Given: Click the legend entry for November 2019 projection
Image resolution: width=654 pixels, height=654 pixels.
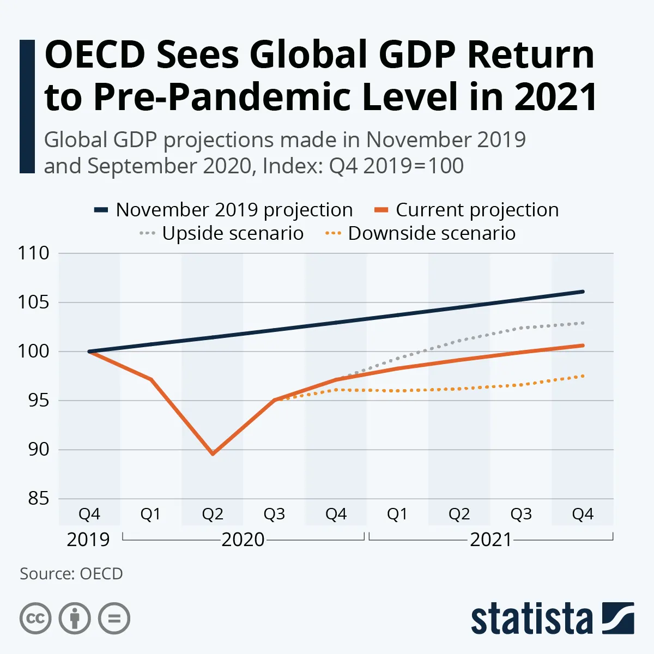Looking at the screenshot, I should [223, 210].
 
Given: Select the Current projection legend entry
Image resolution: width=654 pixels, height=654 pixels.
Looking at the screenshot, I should [467, 210].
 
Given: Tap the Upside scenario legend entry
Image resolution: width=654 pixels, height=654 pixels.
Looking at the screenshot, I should [221, 233].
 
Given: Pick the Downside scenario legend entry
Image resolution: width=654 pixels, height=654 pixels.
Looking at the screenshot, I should [420, 233].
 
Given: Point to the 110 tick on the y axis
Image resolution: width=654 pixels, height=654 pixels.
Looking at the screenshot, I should [33, 253].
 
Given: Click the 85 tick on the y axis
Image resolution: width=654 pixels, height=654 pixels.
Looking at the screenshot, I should [38, 499].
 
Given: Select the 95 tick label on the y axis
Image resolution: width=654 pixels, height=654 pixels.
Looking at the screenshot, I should [38, 401].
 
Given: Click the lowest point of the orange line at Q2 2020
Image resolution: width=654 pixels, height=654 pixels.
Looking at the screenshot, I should [213, 453].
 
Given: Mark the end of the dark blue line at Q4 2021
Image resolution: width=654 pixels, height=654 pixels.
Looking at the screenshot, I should [583, 292].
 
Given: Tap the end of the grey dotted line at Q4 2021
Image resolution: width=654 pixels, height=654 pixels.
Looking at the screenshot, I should [583, 323].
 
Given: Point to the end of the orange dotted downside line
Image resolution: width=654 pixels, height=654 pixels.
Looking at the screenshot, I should [583, 376].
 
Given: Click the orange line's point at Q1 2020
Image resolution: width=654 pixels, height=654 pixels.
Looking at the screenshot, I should [151, 379].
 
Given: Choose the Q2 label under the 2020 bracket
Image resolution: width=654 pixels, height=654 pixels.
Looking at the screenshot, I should [213, 514].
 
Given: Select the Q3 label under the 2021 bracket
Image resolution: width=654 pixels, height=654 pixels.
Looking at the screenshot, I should [521, 514].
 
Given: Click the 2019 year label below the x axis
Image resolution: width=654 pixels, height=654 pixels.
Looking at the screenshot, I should [88, 540].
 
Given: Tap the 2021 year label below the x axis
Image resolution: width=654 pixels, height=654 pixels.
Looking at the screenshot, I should [491, 540].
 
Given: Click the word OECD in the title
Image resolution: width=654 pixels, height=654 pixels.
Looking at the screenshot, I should [95, 55].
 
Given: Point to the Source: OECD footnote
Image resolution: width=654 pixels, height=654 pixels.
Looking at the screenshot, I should [71, 574].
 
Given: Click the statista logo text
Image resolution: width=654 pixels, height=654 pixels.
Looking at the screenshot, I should [531, 619].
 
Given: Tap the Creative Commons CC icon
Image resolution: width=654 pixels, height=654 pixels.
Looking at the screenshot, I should [35, 619].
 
